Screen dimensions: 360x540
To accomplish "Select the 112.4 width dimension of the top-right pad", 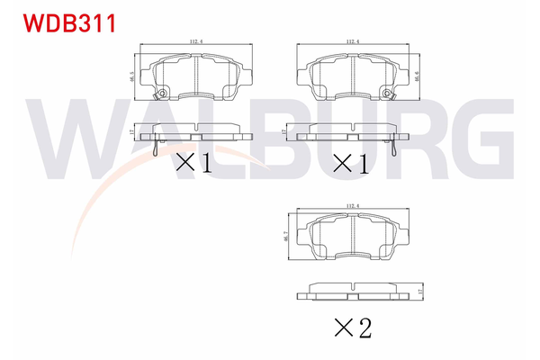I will coord(352,41).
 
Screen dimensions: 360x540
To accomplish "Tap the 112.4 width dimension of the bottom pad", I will coord(350,208).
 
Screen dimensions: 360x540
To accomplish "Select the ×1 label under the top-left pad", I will coord(193,163).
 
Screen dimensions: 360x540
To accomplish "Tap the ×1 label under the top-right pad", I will coord(352,163).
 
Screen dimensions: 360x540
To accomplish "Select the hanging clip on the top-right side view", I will coord(397,147).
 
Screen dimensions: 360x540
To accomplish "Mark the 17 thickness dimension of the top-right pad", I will coord(285,132).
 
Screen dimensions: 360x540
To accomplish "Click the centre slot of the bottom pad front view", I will coord(350,237).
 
